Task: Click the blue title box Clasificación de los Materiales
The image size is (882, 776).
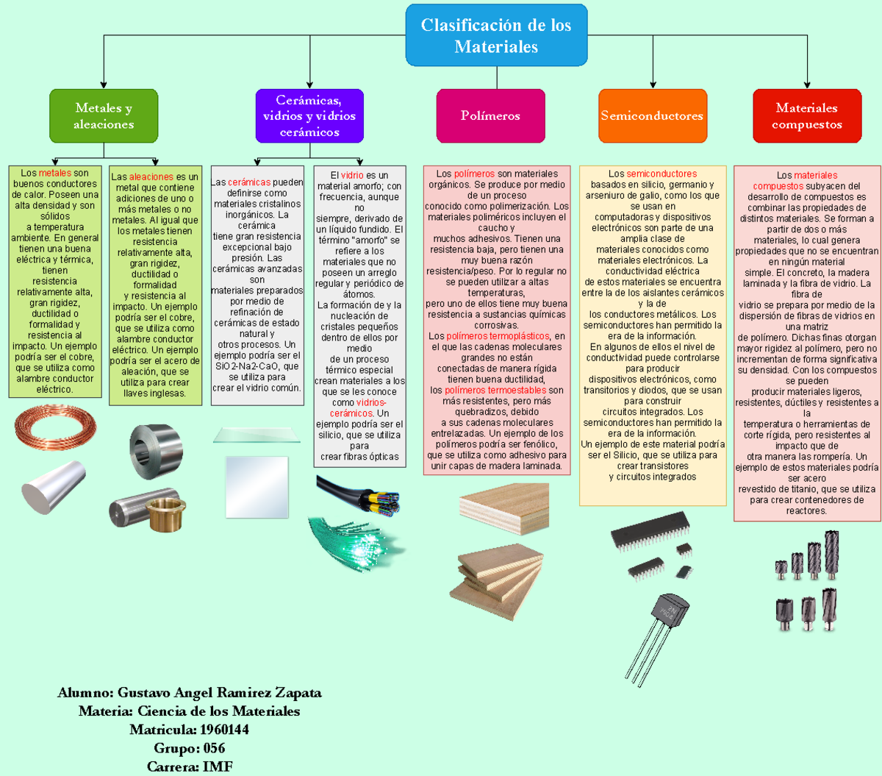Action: pos(496,35)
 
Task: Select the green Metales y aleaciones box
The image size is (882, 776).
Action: pos(104,115)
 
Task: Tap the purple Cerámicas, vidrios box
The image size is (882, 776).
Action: pos(309,115)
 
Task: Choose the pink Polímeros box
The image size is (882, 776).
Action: pos(490,115)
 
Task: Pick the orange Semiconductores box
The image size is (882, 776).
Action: pos(652,115)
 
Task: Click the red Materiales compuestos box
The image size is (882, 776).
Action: pos(806,115)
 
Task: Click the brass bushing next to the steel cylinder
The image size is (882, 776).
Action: pos(166,512)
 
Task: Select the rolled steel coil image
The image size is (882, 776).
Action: pos(156,449)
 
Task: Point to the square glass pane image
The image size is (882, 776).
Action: pos(257,487)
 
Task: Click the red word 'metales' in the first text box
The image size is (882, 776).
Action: pos(55,174)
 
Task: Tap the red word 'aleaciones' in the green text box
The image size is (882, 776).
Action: pos(151,177)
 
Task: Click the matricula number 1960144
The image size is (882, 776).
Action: pos(224,730)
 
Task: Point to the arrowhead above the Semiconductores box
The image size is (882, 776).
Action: pos(653,85)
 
